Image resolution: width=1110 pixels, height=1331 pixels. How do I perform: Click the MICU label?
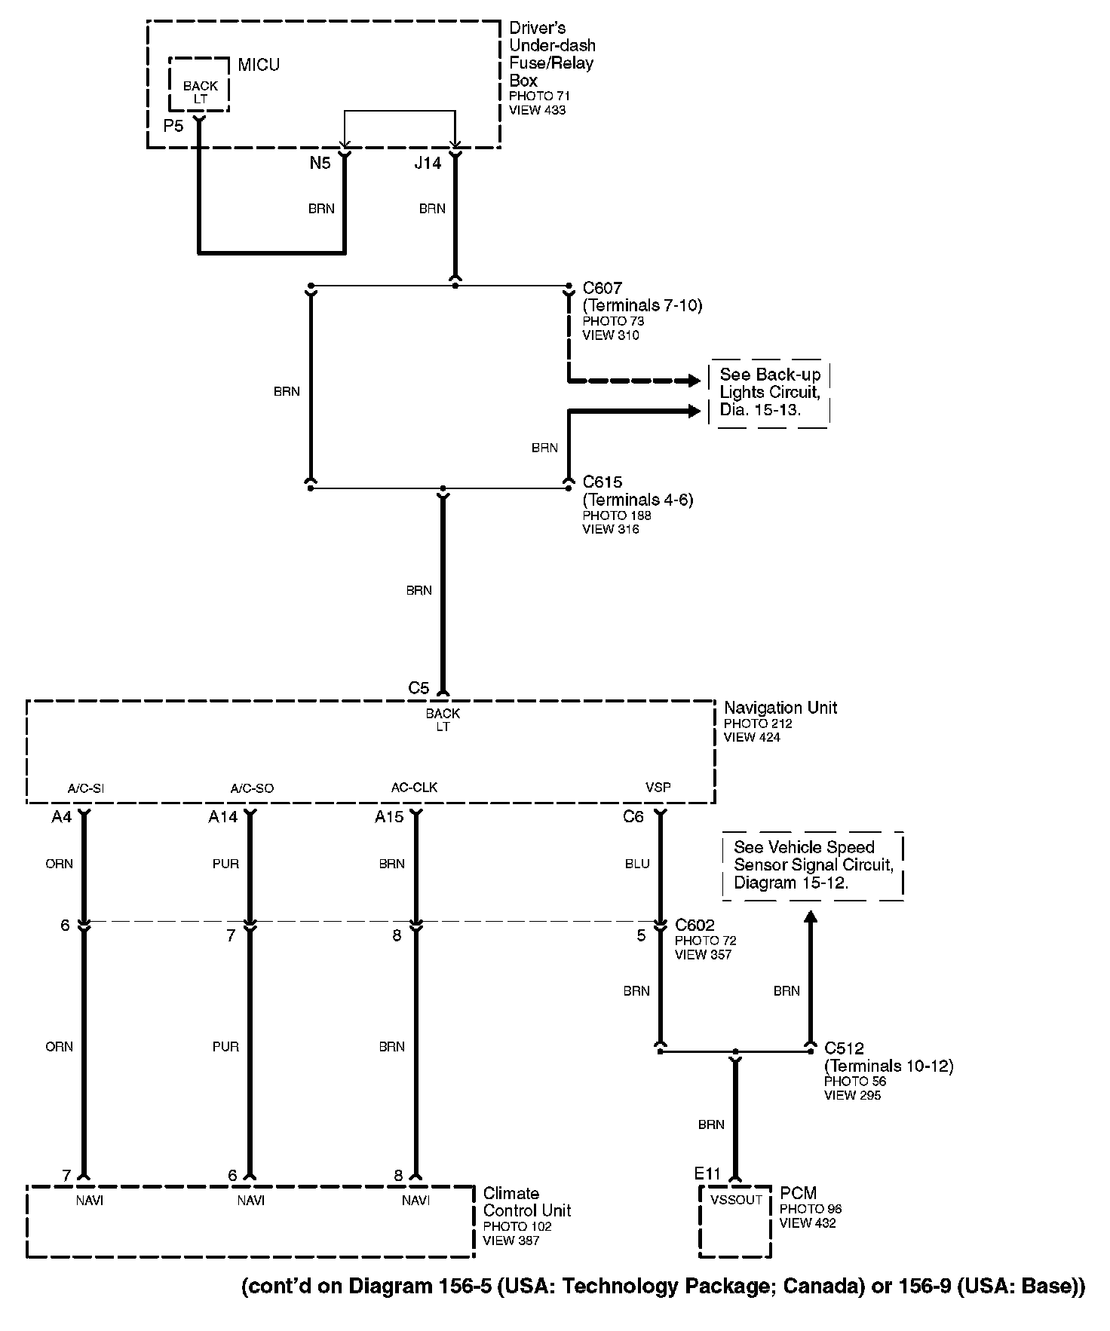(x=259, y=65)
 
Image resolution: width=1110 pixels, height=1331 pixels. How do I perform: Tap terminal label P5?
(x=173, y=126)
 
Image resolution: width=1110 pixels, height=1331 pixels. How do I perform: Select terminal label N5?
(x=320, y=163)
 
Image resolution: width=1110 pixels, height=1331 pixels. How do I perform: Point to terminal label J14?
(x=428, y=163)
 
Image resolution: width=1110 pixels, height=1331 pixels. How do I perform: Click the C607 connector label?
(x=603, y=288)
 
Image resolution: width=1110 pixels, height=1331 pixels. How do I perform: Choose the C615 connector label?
(x=603, y=482)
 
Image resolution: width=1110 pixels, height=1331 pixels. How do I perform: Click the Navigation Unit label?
(x=780, y=708)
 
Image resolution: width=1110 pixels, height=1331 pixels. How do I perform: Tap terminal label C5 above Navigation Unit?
(x=419, y=688)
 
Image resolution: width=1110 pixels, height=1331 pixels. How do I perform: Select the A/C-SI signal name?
(x=85, y=788)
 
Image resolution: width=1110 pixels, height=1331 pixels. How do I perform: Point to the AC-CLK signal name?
(x=414, y=788)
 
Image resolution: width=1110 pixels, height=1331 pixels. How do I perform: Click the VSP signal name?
(x=658, y=788)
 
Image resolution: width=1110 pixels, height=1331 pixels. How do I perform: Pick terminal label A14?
(x=223, y=817)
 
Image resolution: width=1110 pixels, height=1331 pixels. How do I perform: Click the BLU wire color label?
(x=637, y=864)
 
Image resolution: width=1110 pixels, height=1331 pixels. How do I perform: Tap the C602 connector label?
(x=695, y=925)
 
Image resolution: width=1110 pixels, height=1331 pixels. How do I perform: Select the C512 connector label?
(x=844, y=1048)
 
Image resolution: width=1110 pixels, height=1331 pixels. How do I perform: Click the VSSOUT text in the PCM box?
(x=736, y=1199)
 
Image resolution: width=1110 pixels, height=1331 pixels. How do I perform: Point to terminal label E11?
(x=707, y=1173)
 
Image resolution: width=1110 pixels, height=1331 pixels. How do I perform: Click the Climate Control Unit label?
(x=527, y=1202)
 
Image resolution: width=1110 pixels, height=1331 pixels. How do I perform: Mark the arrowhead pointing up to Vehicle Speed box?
(x=811, y=917)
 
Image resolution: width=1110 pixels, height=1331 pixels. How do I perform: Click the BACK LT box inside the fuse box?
(x=200, y=92)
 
